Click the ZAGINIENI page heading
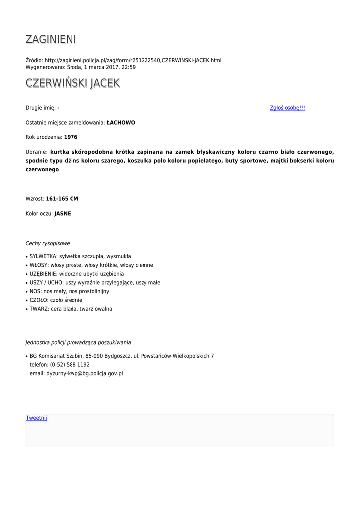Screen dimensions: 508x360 [51, 39]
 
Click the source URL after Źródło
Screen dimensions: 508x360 [133, 60]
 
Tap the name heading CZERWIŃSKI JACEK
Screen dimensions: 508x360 [72, 83]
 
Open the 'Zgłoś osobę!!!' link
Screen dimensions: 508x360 [287, 108]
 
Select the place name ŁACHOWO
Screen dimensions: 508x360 [121, 123]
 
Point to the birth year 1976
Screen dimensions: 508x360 [71, 137]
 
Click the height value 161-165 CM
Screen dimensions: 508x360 [62, 199]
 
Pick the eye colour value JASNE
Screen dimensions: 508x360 [63, 214]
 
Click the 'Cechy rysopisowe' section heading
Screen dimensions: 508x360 [48, 244]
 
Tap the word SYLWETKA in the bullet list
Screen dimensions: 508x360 [43, 257]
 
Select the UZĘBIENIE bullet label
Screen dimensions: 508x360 [43, 274]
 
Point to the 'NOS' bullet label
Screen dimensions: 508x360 [35, 292]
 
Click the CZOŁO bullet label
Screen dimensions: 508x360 [39, 300]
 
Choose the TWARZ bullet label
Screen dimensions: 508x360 [39, 309]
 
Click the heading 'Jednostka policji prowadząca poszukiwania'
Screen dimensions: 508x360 [78, 343]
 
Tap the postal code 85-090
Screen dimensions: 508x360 [94, 356]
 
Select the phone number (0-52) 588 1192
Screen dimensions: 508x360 [70, 365]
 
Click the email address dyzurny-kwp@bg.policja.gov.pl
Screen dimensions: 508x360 [84, 374]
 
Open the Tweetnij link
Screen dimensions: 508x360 [36, 418]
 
